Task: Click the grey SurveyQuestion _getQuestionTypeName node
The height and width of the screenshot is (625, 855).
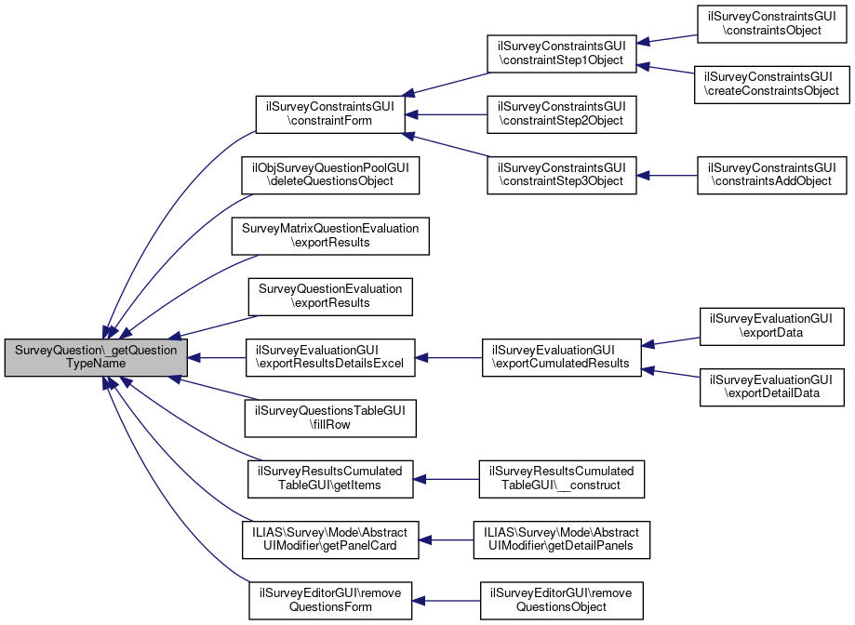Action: (96, 358)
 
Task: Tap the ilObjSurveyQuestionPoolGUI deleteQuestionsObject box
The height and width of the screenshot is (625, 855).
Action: (330, 174)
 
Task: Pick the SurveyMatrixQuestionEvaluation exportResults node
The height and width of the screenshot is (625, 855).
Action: (330, 236)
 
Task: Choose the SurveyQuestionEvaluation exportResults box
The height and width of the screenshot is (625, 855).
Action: (330, 296)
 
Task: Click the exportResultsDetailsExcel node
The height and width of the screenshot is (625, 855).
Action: (330, 358)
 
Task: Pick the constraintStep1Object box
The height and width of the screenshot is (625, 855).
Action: (561, 54)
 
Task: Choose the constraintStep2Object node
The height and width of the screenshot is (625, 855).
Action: (561, 115)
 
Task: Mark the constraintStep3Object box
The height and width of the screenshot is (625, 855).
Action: (561, 174)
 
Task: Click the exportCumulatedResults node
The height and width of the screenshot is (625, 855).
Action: (561, 358)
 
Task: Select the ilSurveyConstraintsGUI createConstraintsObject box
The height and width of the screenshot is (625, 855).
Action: (771, 84)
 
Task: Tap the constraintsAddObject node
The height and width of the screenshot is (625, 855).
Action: (771, 174)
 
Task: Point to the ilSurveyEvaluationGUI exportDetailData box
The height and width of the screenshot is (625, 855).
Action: (771, 388)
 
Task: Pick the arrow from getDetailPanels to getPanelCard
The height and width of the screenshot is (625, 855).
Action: (448, 539)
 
